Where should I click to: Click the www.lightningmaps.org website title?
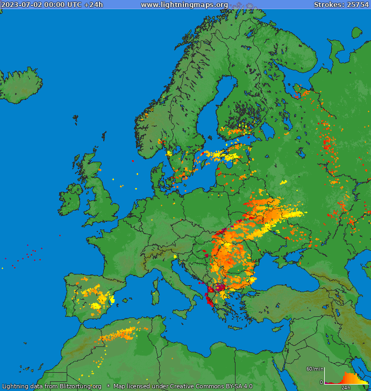point(184,5)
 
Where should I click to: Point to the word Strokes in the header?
point(327,5)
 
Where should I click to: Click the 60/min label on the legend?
point(314,369)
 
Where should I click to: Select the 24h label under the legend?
point(346,387)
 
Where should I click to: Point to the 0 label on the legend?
point(322,382)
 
